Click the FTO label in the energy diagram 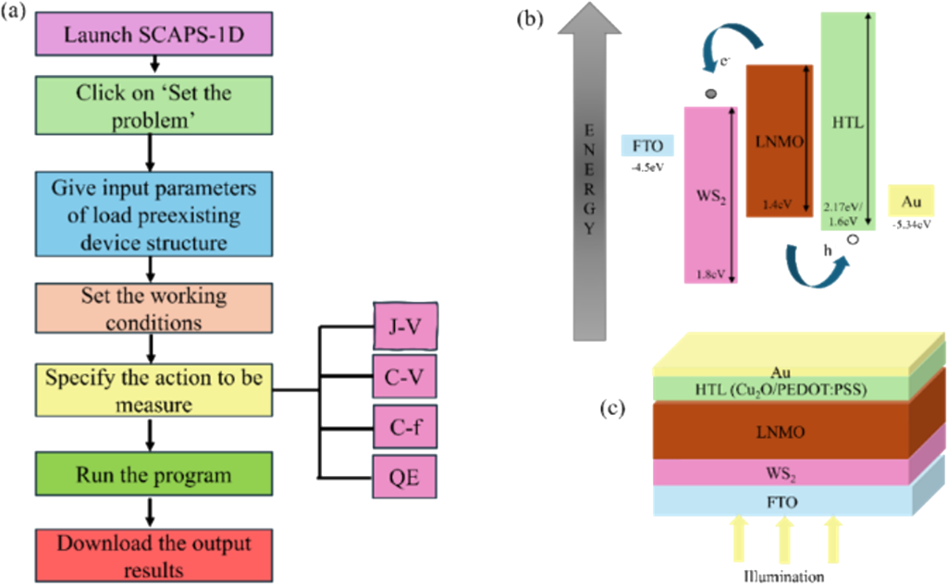647,145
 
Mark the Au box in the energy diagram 908,200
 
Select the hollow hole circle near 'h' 853,238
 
